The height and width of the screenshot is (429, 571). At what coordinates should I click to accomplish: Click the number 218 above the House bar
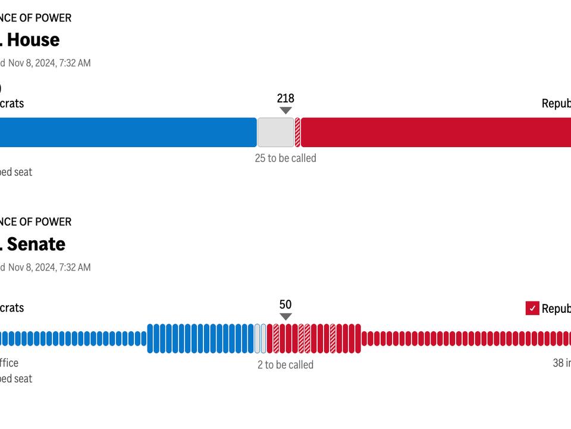point(285,98)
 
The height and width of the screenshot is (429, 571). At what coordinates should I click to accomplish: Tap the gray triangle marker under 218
point(285,110)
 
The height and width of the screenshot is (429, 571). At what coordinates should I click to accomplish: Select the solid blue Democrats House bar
point(128,132)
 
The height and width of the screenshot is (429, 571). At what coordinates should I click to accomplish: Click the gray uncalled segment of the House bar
point(275,132)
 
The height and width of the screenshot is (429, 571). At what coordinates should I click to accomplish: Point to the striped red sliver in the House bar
point(298,132)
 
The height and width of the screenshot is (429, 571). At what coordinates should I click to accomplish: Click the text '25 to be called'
point(285,158)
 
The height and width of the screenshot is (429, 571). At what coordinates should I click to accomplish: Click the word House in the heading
point(33,40)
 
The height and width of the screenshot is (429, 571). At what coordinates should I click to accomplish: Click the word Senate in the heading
point(36,244)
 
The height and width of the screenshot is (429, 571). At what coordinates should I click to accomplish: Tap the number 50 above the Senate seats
point(285,304)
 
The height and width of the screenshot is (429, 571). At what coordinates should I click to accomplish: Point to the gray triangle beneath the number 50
point(285,316)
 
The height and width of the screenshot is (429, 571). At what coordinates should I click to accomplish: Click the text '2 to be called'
point(285,365)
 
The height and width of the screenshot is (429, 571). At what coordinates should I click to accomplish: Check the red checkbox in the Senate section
point(532,308)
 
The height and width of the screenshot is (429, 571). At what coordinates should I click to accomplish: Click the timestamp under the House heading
point(49,63)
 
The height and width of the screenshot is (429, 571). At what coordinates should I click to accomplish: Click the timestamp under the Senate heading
point(49,268)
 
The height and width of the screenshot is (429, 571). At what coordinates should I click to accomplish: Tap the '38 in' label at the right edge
point(561,363)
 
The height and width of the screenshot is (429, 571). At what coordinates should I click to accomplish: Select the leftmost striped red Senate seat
point(276,338)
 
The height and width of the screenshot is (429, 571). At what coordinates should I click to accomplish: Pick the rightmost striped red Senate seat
point(332,338)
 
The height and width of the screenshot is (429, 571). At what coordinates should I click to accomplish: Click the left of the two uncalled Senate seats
point(258,338)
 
